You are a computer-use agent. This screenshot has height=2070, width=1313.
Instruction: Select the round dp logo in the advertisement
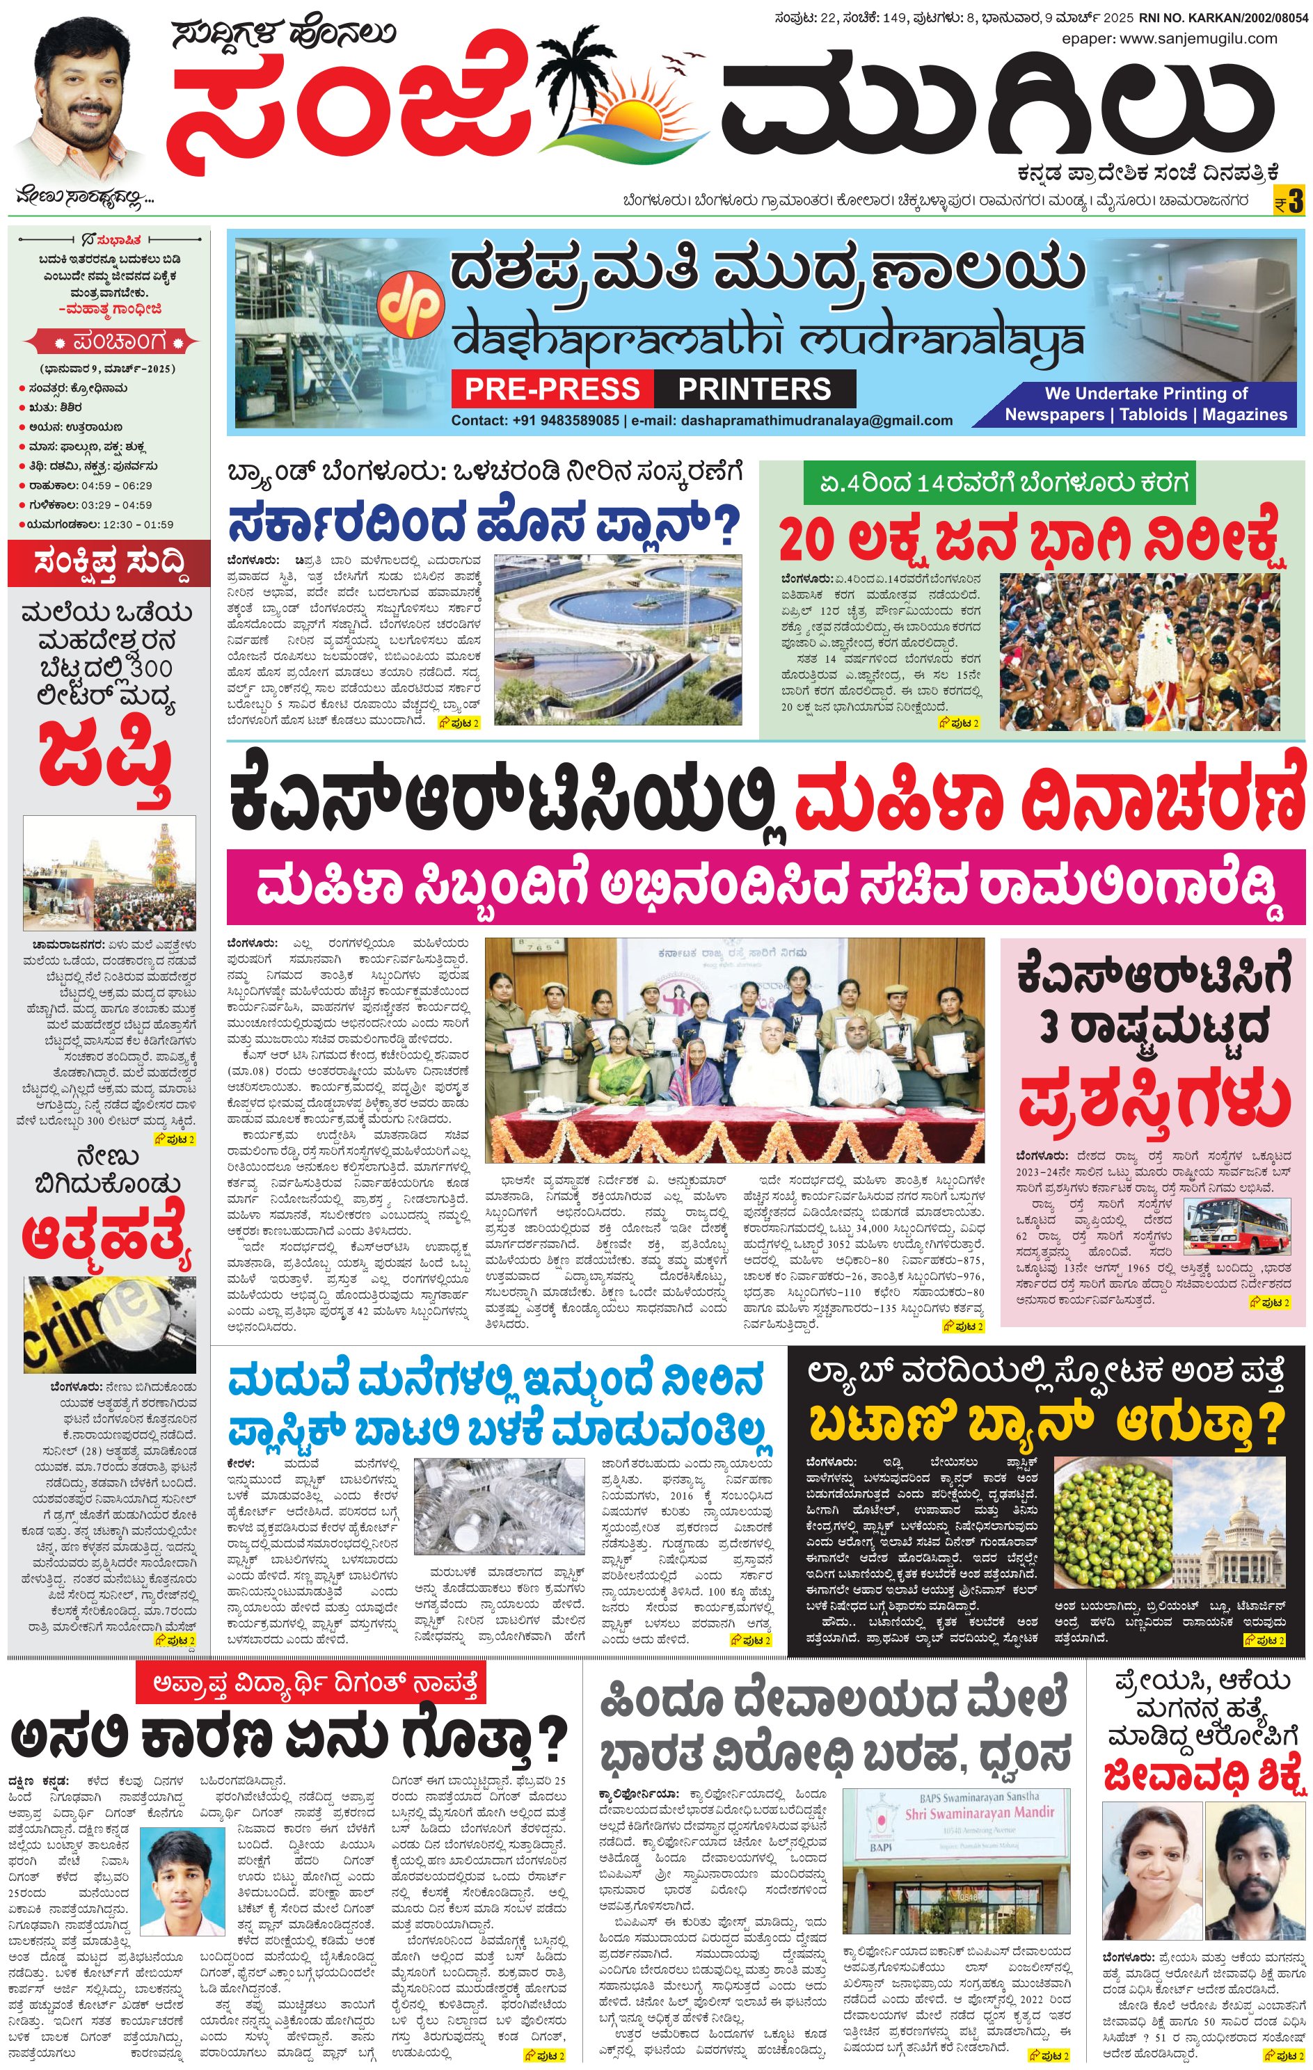point(411,303)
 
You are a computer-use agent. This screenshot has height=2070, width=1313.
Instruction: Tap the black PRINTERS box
point(754,389)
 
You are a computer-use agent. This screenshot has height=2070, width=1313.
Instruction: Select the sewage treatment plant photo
point(617,639)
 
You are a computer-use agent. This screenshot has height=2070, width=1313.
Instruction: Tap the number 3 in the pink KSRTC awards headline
point(1048,1027)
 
